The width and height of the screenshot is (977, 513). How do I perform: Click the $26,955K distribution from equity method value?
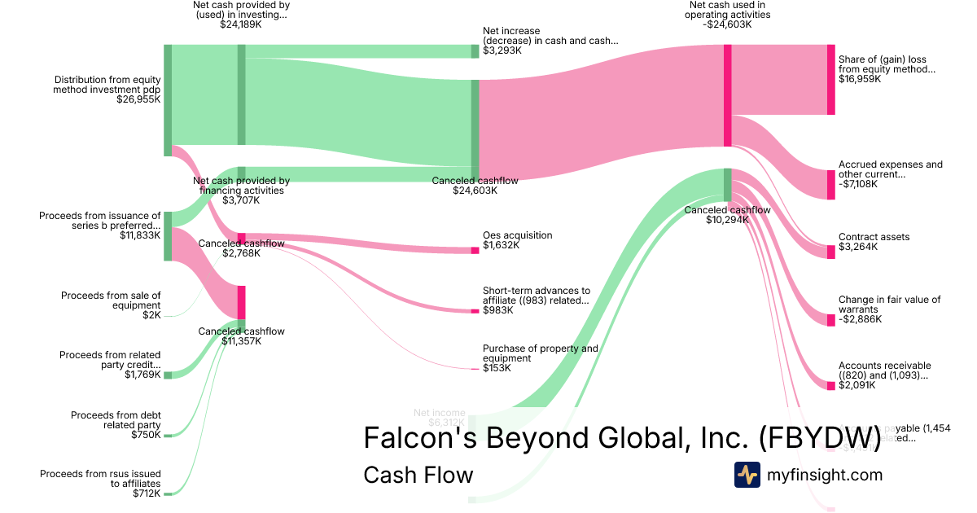point(138,99)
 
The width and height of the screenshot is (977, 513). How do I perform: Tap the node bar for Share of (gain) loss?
point(830,80)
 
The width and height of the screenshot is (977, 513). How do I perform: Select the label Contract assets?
point(874,237)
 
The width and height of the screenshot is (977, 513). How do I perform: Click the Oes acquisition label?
point(517,235)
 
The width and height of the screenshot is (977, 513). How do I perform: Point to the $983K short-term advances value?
point(497,310)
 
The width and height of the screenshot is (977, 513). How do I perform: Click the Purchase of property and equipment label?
point(540,353)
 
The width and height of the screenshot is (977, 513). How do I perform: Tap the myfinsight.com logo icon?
point(747,475)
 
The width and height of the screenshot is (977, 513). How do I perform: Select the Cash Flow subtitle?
point(418,475)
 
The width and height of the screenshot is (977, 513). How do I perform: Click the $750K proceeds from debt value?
point(146,435)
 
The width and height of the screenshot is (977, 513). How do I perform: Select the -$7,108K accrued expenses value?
point(860,184)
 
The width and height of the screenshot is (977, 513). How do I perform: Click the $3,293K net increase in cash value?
point(502,50)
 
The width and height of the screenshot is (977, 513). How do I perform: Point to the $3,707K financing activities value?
point(241,200)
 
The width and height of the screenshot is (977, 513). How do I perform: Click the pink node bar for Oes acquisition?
point(475,250)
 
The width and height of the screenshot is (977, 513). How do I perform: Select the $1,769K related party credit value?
point(142,375)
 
